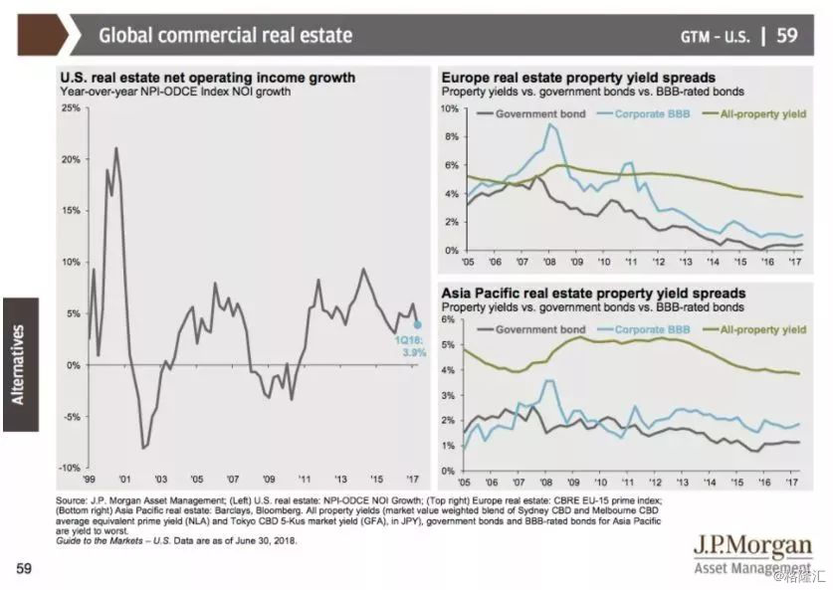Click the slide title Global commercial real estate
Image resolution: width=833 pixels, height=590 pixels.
point(225,36)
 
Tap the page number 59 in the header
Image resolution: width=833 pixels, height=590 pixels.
point(786,36)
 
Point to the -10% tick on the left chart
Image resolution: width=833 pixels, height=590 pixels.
point(69,468)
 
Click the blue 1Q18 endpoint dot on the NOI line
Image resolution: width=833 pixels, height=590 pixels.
point(417,324)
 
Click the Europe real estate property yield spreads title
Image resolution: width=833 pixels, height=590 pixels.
point(578,78)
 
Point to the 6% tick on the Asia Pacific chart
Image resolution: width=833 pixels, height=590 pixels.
point(450,319)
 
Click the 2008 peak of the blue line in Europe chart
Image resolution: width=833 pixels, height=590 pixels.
point(549,124)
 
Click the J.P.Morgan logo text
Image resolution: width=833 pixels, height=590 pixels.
point(753,547)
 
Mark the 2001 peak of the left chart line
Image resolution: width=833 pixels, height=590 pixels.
point(116,148)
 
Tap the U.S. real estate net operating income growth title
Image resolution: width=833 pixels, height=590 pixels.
point(207,78)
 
